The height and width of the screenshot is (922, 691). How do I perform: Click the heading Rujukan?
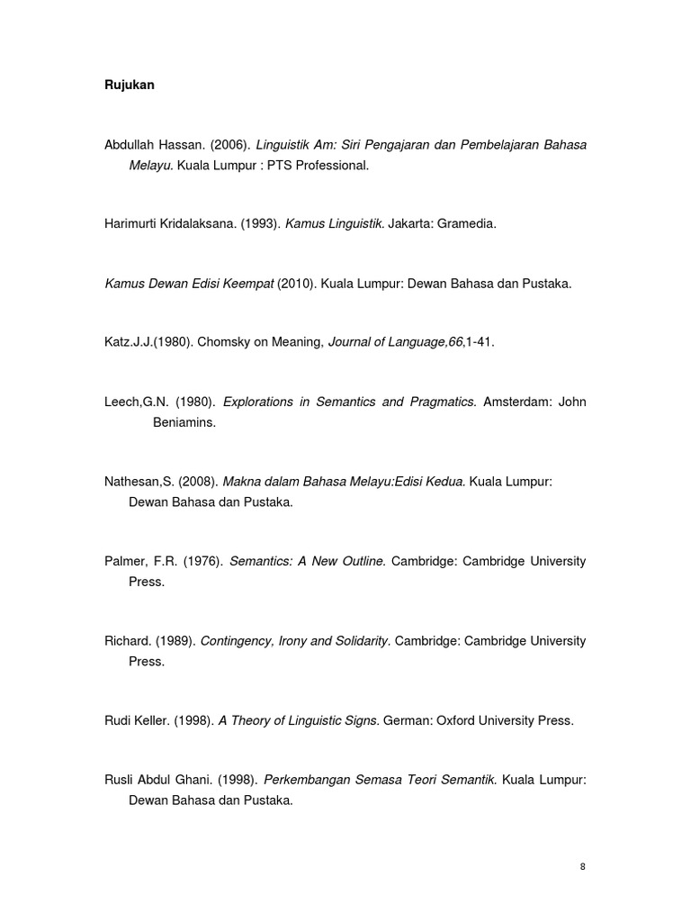point(130,86)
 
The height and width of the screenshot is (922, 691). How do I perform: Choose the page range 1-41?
point(480,343)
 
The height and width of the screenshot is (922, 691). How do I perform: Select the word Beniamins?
point(184,422)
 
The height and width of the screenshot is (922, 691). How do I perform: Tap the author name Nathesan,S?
point(139,482)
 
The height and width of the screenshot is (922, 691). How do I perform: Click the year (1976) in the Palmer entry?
point(202,561)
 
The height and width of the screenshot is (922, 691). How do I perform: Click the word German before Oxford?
point(407,720)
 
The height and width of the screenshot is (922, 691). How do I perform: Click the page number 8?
point(583,866)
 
